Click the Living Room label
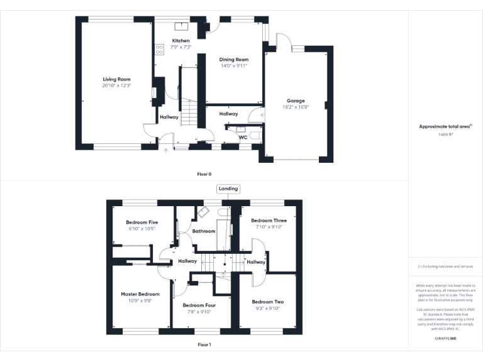[x=117, y=79]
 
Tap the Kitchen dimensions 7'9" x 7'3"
[x=181, y=47]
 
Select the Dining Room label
[x=234, y=60]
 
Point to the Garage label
[x=296, y=101]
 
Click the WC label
[x=243, y=138]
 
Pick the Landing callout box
[x=228, y=189]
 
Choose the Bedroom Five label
[x=142, y=222]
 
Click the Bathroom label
[x=204, y=231]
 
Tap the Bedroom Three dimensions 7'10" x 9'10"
[x=269, y=227]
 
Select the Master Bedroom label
[x=140, y=294]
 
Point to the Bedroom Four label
[x=198, y=305]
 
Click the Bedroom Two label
[x=267, y=302]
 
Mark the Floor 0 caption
[x=204, y=173]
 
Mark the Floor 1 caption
[x=204, y=344]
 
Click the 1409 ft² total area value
[x=445, y=134]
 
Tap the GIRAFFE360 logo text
[x=445, y=338]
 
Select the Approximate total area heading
[x=445, y=126]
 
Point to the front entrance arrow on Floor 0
[x=166, y=150]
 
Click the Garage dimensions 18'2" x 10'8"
[x=296, y=107]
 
